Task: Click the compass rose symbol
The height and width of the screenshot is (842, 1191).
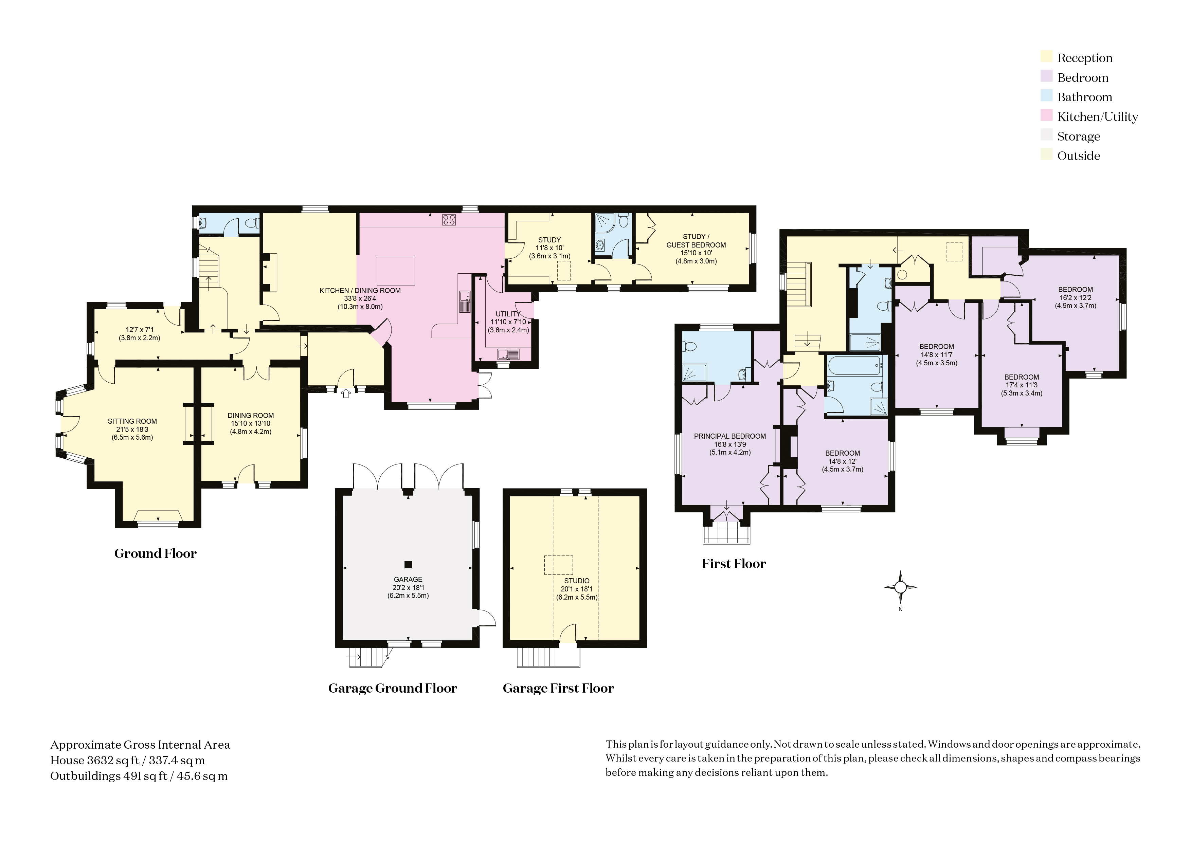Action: click(x=901, y=587)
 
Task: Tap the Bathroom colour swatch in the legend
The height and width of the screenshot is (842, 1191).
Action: click(x=1046, y=96)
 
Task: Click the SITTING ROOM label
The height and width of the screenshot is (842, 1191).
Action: click(x=132, y=421)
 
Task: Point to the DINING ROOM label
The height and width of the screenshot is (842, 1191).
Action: click(x=251, y=415)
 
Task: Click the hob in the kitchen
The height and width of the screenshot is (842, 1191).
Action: click(x=449, y=220)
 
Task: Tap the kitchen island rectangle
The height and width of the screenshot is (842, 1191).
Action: click(x=396, y=271)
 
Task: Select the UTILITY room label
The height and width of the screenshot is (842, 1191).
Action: click(x=508, y=314)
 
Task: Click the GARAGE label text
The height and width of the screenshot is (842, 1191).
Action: click(x=408, y=579)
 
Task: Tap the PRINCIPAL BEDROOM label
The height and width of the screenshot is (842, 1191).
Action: click(x=730, y=436)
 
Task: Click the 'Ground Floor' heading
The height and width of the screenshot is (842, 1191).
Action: click(x=156, y=553)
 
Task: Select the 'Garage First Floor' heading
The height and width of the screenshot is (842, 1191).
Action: click(x=558, y=688)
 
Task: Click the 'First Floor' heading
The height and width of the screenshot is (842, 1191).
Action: click(x=734, y=564)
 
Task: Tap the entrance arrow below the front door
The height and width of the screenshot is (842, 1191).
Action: click(x=346, y=394)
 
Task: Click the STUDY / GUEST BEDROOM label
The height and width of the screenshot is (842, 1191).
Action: click(x=696, y=241)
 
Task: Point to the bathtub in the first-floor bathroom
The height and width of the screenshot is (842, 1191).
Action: click(x=853, y=365)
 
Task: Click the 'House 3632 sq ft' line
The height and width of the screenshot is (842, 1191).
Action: click(x=128, y=761)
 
